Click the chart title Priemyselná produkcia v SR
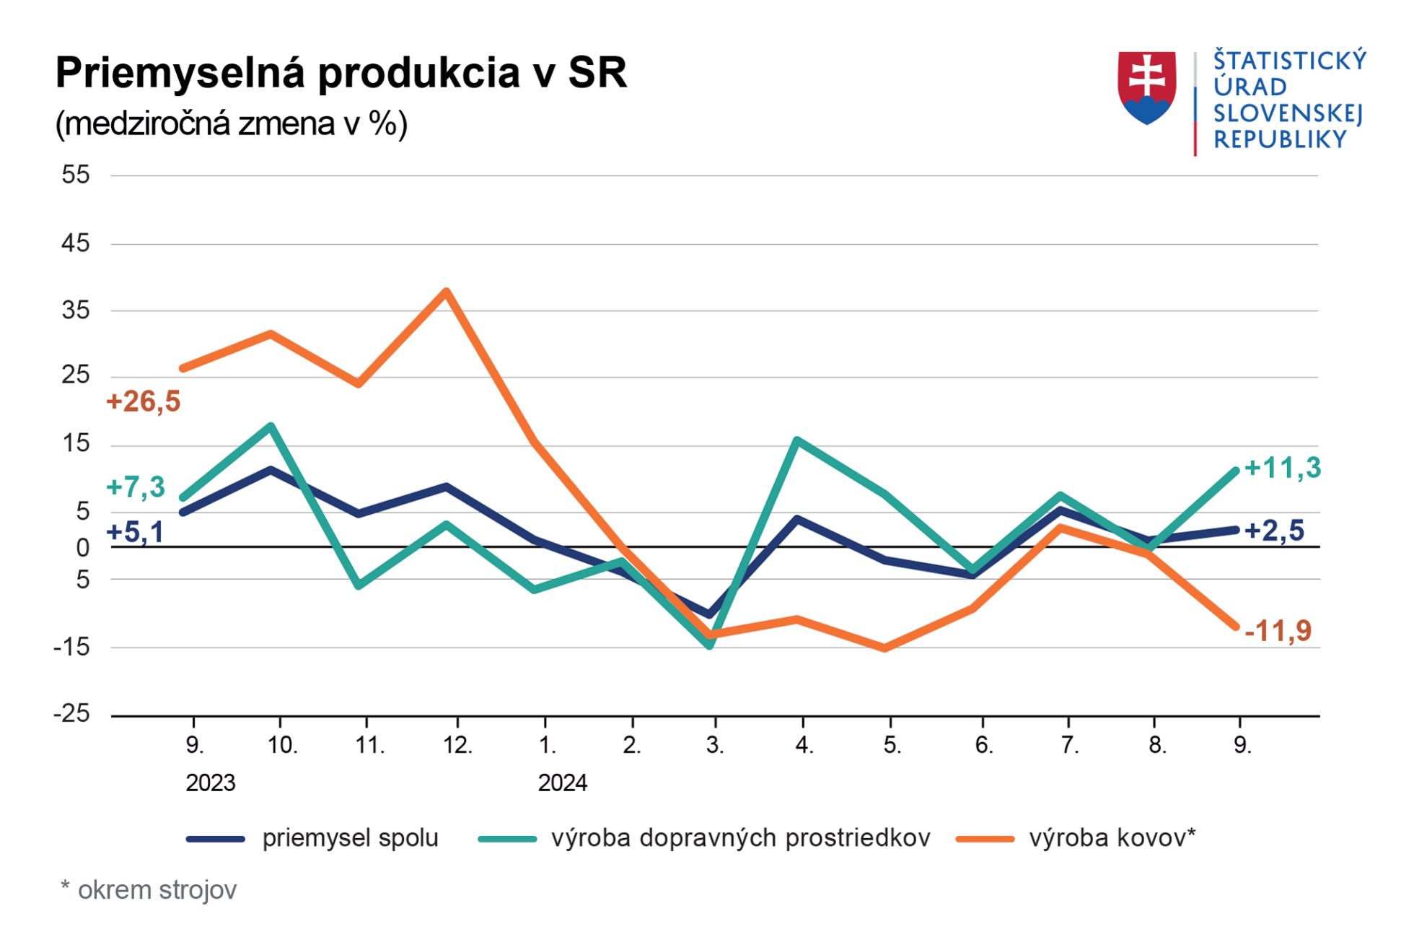[341, 73]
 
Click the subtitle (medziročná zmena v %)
[231, 124]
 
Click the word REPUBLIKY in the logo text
[1280, 139]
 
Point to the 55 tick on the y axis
[76, 175]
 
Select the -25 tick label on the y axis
[72, 713]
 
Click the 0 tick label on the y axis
[83, 548]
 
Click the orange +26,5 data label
[143, 401]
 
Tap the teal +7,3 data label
[136, 487]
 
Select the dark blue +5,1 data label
[135, 532]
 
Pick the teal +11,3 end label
[1283, 468]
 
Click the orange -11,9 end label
[1278, 631]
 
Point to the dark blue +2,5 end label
[1274, 531]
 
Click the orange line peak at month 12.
[447, 292]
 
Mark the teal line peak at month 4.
[796, 440]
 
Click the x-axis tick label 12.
[457, 745]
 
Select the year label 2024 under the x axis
[562, 783]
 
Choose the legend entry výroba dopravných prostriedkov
[739, 838]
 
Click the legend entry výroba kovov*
[1111, 838]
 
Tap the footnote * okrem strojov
[149, 890]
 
